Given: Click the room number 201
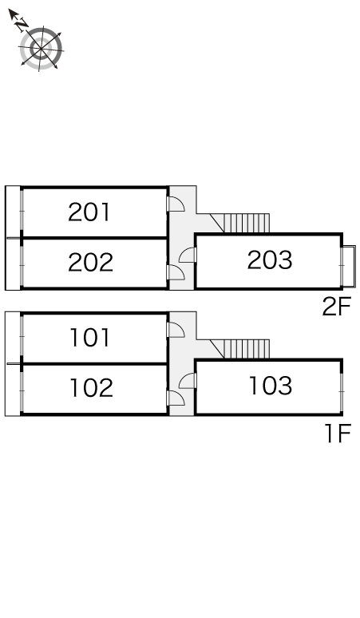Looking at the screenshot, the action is click(x=89, y=212).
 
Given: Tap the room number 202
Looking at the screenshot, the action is click(x=90, y=263).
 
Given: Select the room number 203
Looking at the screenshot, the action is click(x=270, y=260).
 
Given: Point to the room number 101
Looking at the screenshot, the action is click(x=89, y=338).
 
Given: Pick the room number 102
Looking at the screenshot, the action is click(x=91, y=387).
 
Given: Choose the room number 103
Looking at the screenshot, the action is click(x=271, y=386).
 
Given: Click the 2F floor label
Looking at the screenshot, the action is click(x=336, y=307).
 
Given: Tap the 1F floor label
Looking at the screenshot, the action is click(x=338, y=434).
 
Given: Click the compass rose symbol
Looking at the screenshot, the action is click(x=41, y=49).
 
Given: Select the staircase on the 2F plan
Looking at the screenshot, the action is click(x=240, y=223).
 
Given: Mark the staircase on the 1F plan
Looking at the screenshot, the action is click(x=240, y=349).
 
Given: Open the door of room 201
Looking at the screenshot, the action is click(x=176, y=204).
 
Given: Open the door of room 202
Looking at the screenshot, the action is click(x=176, y=272).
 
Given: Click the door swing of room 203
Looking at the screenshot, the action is click(x=188, y=255).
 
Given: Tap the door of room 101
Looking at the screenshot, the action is click(x=176, y=330).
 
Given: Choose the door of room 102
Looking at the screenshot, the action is click(x=176, y=398).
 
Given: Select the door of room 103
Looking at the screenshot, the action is click(x=188, y=381).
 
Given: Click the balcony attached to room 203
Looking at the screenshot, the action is click(x=350, y=267).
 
